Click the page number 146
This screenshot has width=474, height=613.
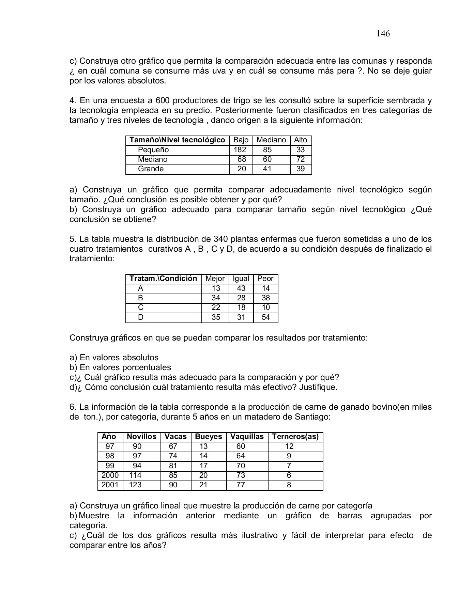(x=383, y=33)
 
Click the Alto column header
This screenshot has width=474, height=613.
(x=301, y=140)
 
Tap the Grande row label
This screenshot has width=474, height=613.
(x=151, y=169)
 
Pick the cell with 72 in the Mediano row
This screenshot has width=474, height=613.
(x=301, y=159)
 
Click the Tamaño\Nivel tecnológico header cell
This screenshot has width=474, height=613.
(x=177, y=140)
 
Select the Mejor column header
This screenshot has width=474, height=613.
(x=215, y=279)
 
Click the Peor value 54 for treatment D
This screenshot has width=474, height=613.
(x=265, y=317)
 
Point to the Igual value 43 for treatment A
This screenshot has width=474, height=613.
(x=241, y=288)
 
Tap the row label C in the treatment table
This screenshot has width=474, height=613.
(x=140, y=308)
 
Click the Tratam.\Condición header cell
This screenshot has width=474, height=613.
(x=163, y=279)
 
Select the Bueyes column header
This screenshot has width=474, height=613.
(x=208, y=437)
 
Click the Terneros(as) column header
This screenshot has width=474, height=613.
(x=295, y=437)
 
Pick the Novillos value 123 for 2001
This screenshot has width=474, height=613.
(x=135, y=485)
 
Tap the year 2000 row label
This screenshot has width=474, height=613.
(x=110, y=475)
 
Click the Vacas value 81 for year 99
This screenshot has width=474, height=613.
(x=173, y=466)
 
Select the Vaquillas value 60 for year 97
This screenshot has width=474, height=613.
(x=241, y=446)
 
